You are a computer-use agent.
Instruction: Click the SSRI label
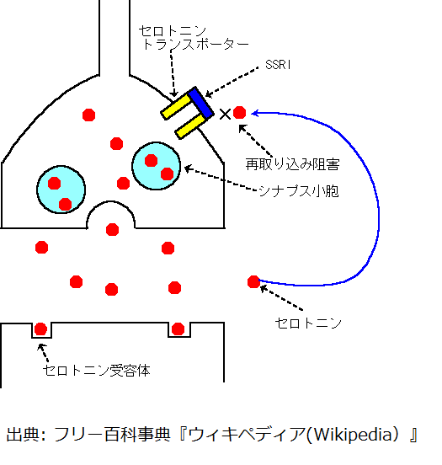click(x=278, y=65)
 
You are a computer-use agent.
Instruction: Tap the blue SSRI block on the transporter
click(x=200, y=103)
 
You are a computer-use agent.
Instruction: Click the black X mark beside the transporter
click(x=226, y=115)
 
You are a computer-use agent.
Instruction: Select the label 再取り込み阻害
click(x=292, y=164)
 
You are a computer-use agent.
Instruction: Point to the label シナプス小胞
click(x=299, y=191)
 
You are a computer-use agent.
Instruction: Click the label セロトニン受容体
click(x=97, y=371)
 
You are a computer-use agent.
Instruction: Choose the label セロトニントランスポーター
click(x=194, y=38)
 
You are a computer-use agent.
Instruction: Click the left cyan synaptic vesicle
click(x=61, y=190)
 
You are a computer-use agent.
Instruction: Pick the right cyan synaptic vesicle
click(x=157, y=166)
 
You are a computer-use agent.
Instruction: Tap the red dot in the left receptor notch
click(x=40, y=329)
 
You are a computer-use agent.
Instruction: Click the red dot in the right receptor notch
click(x=178, y=329)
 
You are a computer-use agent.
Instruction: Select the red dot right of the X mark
click(x=240, y=113)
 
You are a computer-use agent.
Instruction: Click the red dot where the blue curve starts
click(x=253, y=281)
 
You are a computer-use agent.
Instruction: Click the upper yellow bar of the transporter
click(x=176, y=107)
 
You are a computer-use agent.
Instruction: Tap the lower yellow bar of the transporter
click(x=190, y=126)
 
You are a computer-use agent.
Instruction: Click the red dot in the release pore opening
click(x=112, y=230)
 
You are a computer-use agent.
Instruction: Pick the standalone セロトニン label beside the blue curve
click(x=308, y=323)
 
